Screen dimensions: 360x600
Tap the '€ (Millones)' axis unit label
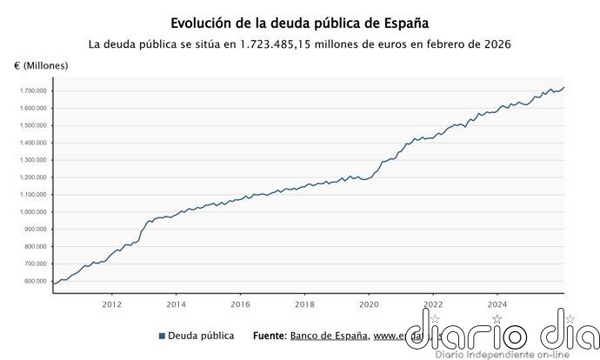click(x=41, y=66)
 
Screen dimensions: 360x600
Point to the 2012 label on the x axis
click(x=111, y=304)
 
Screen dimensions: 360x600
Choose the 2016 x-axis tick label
click(x=240, y=304)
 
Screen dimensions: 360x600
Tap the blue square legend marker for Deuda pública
click(x=163, y=336)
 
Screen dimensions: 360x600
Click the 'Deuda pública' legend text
click(x=201, y=336)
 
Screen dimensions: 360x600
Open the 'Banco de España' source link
click(x=330, y=336)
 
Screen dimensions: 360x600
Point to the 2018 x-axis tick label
click(x=304, y=304)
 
